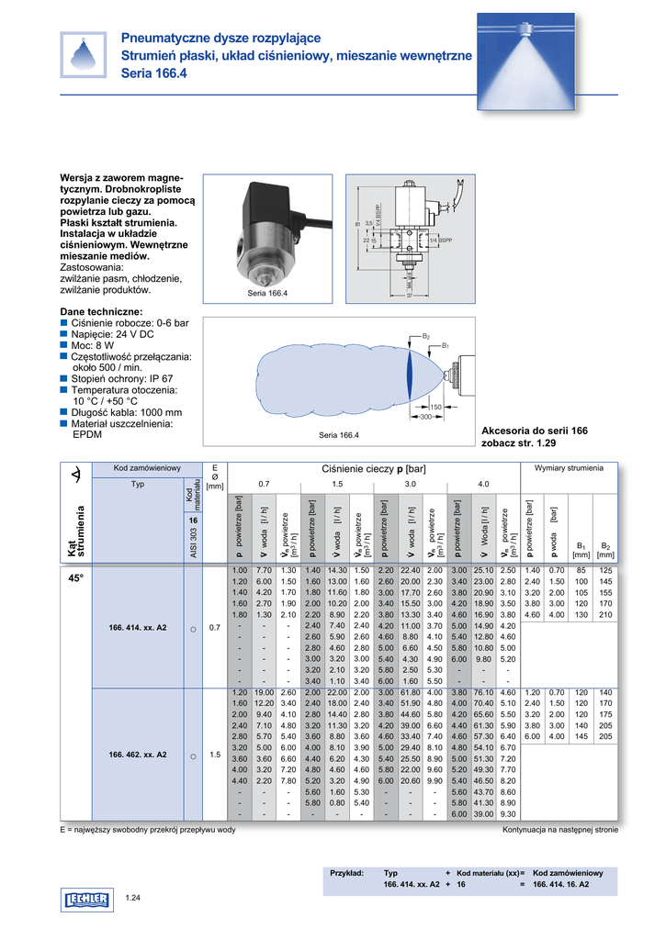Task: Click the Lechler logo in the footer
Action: pos(86,901)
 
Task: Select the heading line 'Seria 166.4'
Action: pos(153,73)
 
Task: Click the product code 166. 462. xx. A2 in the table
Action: pos(138,754)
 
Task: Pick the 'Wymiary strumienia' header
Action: pos(569,468)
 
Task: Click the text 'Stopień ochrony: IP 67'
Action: pos(122,377)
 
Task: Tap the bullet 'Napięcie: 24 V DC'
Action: pos(119,338)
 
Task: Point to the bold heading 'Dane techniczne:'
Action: pos(100,312)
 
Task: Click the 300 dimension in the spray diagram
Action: pos(426,417)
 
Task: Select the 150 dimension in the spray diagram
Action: pos(435,406)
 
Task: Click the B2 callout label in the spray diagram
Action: pos(426,337)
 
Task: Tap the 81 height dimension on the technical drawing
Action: pos(356,224)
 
